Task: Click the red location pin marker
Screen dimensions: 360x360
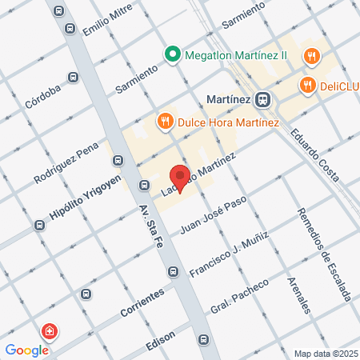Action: [180, 177]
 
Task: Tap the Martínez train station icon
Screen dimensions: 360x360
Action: [262, 99]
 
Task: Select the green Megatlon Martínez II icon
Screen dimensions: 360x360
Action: [171, 55]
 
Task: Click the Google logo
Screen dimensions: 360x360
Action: [26, 350]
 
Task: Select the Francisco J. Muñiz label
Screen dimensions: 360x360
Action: [227, 255]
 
